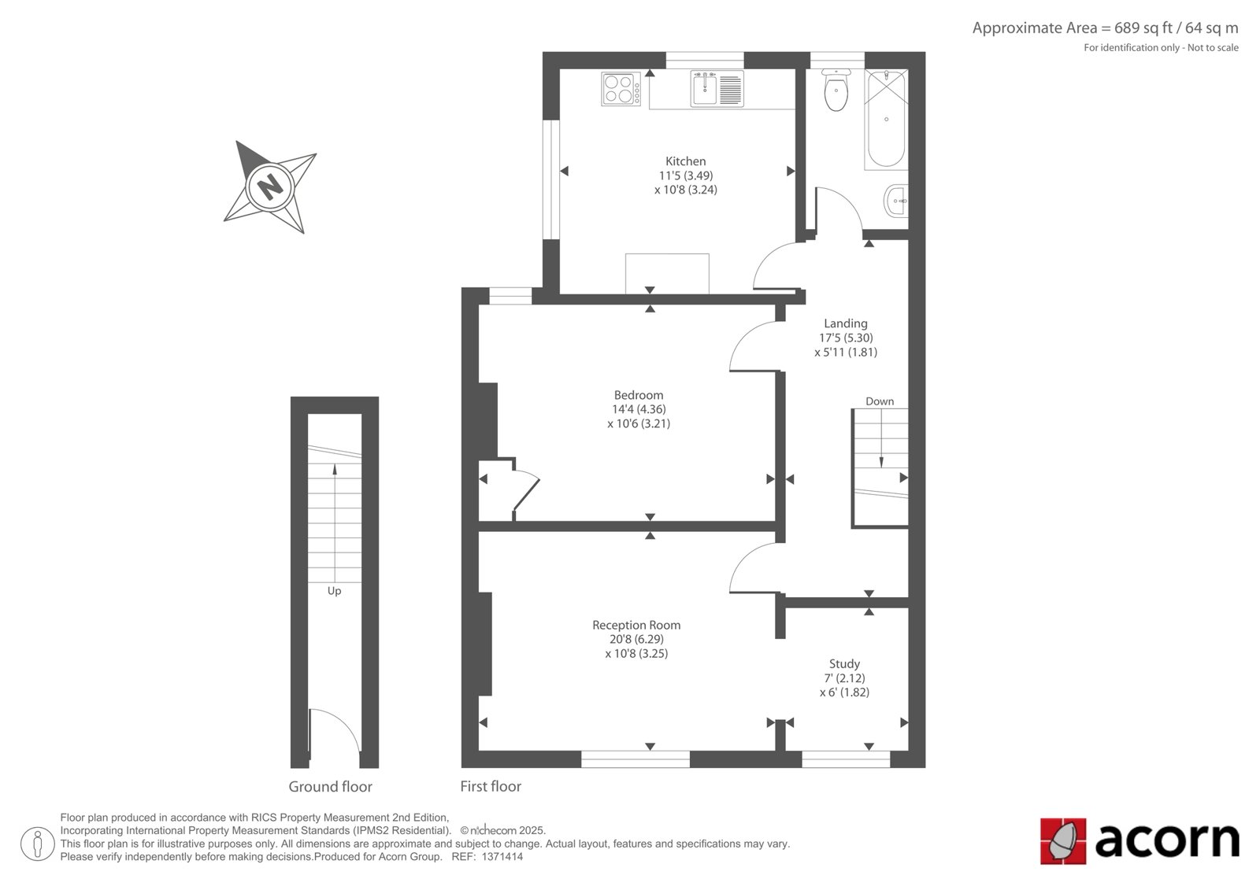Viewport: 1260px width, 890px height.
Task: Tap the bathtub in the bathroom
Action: (886, 119)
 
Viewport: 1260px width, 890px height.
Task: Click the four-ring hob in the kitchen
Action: (621, 89)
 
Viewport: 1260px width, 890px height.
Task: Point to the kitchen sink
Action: (717, 89)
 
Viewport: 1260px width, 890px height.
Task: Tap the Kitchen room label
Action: (685, 161)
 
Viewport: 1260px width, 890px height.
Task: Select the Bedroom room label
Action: (639, 395)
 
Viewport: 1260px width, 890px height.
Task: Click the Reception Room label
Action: (636, 625)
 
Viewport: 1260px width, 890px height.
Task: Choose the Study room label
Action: (844, 664)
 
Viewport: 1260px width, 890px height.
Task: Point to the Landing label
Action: (846, 324)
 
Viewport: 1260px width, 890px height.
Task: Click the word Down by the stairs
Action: (880, 401)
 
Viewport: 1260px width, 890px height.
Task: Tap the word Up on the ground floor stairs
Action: (334, 592)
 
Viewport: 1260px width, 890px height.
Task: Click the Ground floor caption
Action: (330, 787)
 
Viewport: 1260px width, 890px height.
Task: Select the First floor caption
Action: (491, 787)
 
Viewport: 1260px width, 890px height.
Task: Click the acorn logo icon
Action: (1062, 841)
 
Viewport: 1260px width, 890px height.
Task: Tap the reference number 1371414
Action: (502, 857)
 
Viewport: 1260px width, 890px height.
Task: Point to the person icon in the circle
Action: (38, 844)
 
